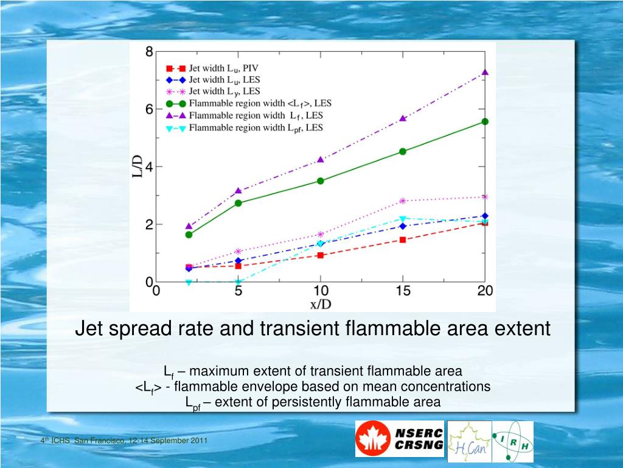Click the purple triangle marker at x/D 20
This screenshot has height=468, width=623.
point(485,73)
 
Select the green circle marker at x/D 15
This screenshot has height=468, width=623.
point(403,151)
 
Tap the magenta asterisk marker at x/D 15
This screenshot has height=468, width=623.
point(403,201)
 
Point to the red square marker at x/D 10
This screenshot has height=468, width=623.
point(321,255)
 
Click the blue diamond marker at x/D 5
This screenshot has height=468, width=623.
point(238,261)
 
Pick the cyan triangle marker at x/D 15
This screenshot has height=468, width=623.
point(403,218)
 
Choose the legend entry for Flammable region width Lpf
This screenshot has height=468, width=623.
point(256,128)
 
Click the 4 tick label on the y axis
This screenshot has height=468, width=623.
point(149,167)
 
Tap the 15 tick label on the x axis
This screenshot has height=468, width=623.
point(403,291)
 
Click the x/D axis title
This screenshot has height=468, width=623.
point(321,303)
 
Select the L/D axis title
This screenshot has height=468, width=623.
point(139,166)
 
